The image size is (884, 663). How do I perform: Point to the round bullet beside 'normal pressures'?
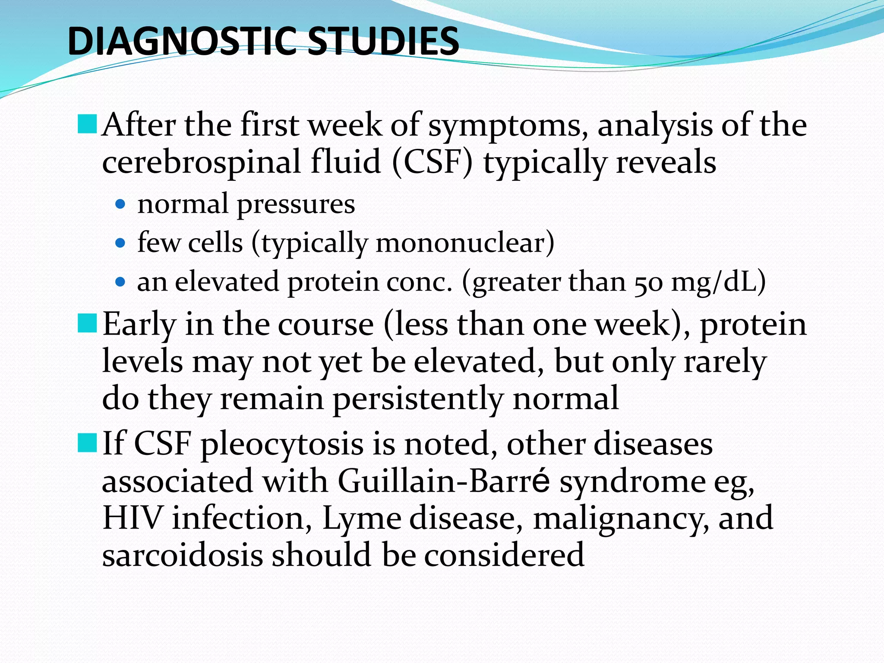coord(121,204)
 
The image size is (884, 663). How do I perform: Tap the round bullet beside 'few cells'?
coord(121,243)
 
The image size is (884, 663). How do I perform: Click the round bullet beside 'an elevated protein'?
coord(121,282)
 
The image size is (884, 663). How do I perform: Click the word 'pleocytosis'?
coord(282,445)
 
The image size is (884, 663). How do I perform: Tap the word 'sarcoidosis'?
coord(182,555)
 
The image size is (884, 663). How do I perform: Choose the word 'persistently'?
coord(418,399)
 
